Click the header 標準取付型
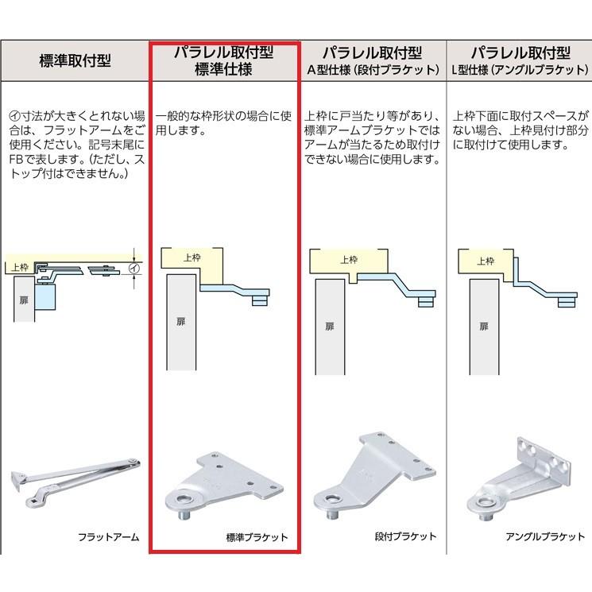pyautogui.click(x=75, y=60)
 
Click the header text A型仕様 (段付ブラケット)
pyautogui.click(x=373, y=70)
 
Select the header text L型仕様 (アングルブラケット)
pyautogui.click(x=520, y=70)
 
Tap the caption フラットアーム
pyautogui.click(x=108, y=537)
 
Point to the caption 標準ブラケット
pyautogui.click(x=257, y=537)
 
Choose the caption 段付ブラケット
pyautogui.click(x=405, y=536)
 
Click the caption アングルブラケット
pyautogui.click(x=545, y=536)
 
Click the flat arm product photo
pyautogui.click(x=75, y=481)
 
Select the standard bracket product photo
pyautogui.click(x=224, y=485)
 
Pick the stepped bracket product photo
pyautogui.click(x=374, y=475)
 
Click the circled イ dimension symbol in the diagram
pyautogui.click(x=134, y=269)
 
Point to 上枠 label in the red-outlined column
pyautogui.click(x=192, y=257)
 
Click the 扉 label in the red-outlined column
pyautogui.click(x=181, y=321)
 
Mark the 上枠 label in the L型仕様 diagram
pyautogui.click(x=486, y=261)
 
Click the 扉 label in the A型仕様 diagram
pyautogui.click(x=330, y=327)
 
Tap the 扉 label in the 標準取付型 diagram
pyautogui.click(x=24, y=300)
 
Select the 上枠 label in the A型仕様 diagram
pyautogui.click(x=349, y=259)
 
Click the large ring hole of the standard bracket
pyautogui.click(x=184, y=500)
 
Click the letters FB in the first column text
pyautogui.click(x=16, y=159)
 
